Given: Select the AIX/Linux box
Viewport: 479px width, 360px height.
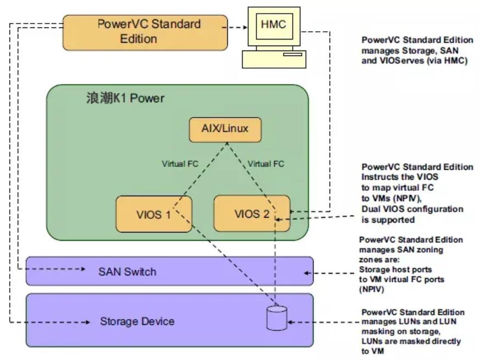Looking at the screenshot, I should [x=224, y=129].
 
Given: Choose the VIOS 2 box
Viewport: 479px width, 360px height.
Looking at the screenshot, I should [x=252, y=213].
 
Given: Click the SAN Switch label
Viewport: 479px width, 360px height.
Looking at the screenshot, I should [x=127, y=272].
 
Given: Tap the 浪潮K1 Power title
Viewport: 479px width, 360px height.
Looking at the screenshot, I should [x=125, y=99].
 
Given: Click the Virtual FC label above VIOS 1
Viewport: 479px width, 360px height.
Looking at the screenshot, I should [x=180, y=163].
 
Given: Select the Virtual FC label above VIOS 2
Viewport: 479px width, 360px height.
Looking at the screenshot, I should [x=266, y=163].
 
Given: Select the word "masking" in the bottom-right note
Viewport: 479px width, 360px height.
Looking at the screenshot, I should [x=375, y=331].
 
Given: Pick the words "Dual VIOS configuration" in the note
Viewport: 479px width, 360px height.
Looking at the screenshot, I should [x=412, y=209].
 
